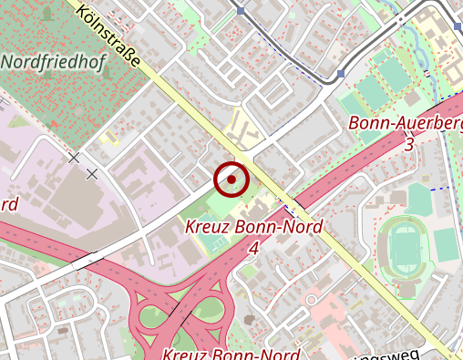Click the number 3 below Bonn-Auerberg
409,144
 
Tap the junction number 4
253,247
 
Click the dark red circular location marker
231,180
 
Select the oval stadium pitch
401,245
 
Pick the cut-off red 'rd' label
9,204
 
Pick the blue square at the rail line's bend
240,11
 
